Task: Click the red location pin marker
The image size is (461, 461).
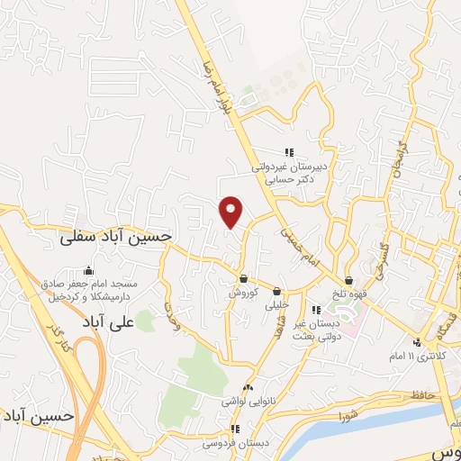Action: coord(231,212)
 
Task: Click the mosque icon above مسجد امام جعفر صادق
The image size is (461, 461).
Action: coord(87,270)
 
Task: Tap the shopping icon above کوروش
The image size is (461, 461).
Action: coord(244,278)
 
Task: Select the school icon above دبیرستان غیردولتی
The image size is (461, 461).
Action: coord(289,152)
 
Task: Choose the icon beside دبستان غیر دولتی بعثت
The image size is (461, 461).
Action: coord(314,310)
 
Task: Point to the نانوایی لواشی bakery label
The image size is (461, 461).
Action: coord(248,402)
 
